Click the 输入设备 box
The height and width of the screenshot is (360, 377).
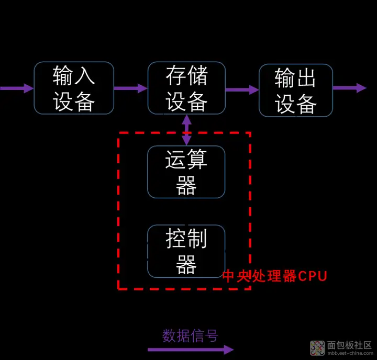click(x=74, y=88)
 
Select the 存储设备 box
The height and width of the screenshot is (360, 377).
click(x=186, y=88)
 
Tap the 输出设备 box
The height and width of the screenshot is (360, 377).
click(x=296, y=91)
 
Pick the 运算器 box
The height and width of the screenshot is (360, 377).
click(x=186, y=172)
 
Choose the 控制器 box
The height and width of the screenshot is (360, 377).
click(x=186, y=251)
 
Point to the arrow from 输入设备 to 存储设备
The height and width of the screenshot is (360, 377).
click(x=130, y=88)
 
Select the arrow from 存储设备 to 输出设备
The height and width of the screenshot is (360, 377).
click(x=242, y=89)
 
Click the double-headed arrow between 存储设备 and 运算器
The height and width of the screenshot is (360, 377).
click(x=186, y=130)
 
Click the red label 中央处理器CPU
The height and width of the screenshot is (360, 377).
click(x=274, y=276)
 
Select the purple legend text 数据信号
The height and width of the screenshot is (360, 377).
click(x=190, y=335)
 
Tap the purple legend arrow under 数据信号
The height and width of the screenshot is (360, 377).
click(x=191, y=350)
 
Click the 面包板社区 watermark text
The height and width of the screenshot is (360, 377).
click(x=349, y=345)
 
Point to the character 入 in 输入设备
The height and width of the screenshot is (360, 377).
click(x=85, y=76)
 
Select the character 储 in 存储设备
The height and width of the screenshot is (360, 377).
click(x=197, y=76)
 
